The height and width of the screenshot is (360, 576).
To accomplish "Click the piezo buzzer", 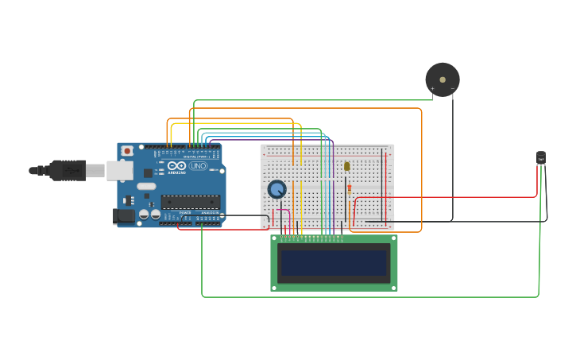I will (x=443, y=79).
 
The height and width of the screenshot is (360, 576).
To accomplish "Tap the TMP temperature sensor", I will (x=541, y=158).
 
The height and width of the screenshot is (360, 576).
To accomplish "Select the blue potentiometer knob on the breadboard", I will (x=276, y=189).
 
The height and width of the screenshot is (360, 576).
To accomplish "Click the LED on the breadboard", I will (x=347, y=166).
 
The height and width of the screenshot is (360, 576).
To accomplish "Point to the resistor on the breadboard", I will (x=349, y=188).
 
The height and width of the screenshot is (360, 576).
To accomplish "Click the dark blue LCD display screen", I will (x=334, y=263).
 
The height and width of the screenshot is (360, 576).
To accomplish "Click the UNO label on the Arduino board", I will (x=198, y=165).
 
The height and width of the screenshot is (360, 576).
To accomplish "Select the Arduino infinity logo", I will (x=176, y=166).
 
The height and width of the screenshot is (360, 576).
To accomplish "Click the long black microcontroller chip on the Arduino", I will (x=191, y=202).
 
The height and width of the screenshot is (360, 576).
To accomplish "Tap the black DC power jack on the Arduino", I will (x=125, y=215).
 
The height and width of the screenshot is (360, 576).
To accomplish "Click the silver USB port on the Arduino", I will (x=120, y=170).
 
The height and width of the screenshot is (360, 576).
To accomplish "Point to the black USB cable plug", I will (x=68, y=170).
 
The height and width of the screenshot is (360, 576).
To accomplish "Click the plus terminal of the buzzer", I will (x=433, y=89).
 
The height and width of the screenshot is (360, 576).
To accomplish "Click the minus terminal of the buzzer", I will (x=453, y=89).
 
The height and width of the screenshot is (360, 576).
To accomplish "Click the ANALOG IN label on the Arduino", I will (x=208, y=213).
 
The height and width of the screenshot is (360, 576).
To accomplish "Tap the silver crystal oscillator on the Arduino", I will (x=147, y=187).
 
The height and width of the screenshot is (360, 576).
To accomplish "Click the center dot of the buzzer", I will (x=443, y=79).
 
